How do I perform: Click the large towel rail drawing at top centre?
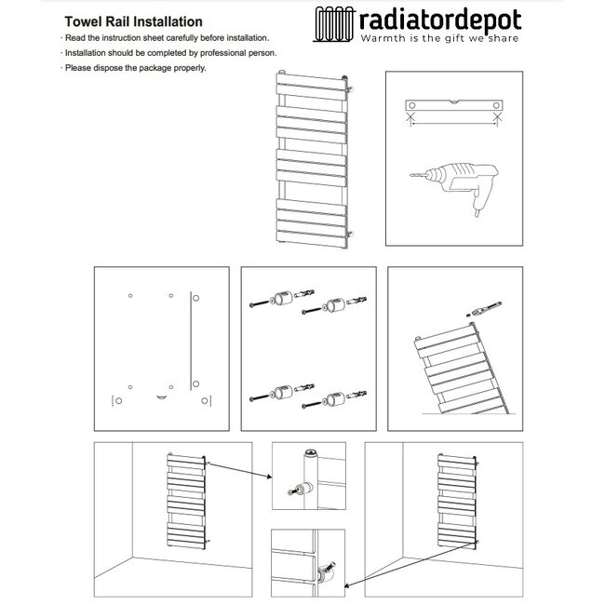(314, 158)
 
